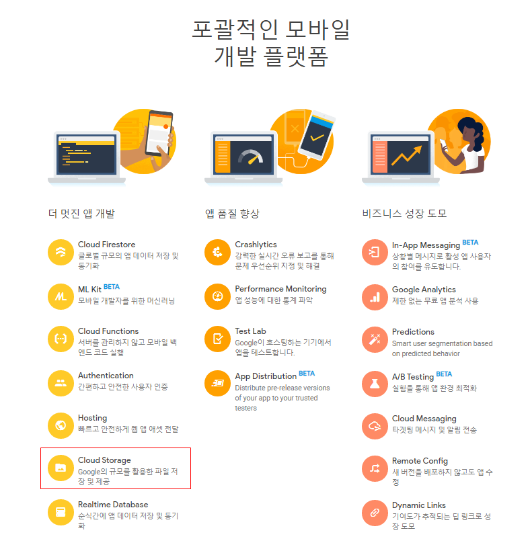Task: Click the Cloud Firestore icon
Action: click(x=61, y=252)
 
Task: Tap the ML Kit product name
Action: click(x=89, y=290)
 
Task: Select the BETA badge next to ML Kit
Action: click(x=112, y=287)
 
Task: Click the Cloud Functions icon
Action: click(x=61, y=339)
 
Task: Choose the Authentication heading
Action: click(x=106, y=376)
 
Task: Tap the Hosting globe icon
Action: click(x=61, y=426)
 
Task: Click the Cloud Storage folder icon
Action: click(x=61, y=468)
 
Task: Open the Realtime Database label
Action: click(x=113, y=505)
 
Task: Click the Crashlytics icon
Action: click(x=217, y=252)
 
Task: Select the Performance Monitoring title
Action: click(x=280, y=289)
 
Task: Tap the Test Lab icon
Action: click(x=217, y=339)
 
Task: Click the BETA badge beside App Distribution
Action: click(x=307, y=374)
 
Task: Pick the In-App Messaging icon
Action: click(x=375, y=252)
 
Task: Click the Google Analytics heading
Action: click(x=424, y=290)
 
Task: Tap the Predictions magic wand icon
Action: click(x=375, y=339)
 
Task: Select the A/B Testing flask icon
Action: click(x=375, y=384)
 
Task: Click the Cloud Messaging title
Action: click(x=424, y=419)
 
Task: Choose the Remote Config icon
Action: click(x=375, y=469)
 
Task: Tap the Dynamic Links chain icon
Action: click(x=375, y=513)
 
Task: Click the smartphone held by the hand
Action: click(x=159, y=133)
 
